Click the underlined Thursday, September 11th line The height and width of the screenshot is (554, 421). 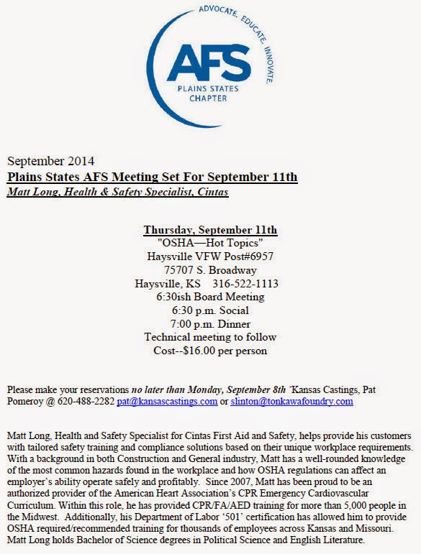[210, 230]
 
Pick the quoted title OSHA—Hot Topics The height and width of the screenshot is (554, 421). [210, 244]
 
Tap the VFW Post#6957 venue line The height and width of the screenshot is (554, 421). [210, 257]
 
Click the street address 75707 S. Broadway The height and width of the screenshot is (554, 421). [210, 270]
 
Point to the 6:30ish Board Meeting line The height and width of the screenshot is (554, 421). [210, 297]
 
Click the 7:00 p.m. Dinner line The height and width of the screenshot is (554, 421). [210, 323]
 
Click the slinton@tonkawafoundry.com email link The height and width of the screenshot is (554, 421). [291, 401]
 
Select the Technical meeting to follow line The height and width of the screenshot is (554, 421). [210, 337]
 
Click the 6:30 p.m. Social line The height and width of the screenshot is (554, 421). [210, 310]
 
